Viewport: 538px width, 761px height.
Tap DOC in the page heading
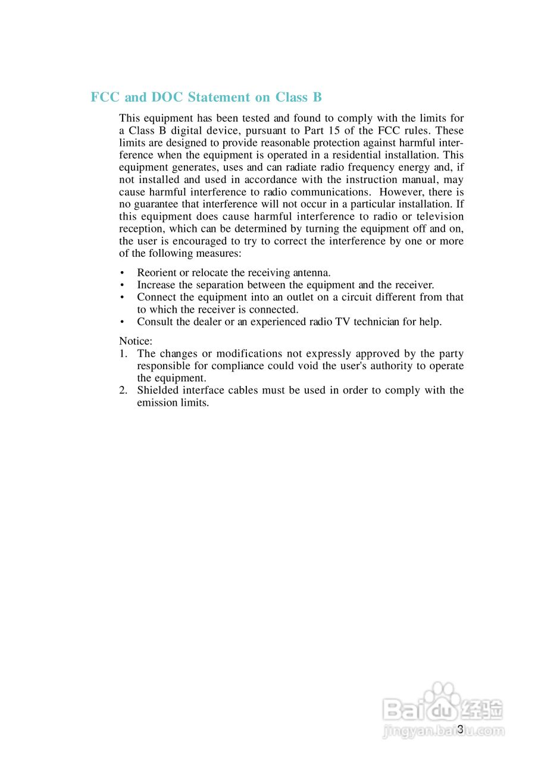[x=167, y=98]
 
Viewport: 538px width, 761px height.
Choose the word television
[x=440, y=216]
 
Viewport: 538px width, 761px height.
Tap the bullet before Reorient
[x=122, y=273]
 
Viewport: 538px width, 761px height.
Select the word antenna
[x=311, y=273]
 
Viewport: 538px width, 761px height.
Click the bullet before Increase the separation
[x=122, y=285]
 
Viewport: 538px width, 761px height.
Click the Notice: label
[x=136, y=341]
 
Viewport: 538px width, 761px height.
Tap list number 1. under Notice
[x=123, y=354]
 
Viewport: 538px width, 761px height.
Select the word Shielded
[x=157, y=391]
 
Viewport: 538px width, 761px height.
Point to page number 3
[x=460, y=729]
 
